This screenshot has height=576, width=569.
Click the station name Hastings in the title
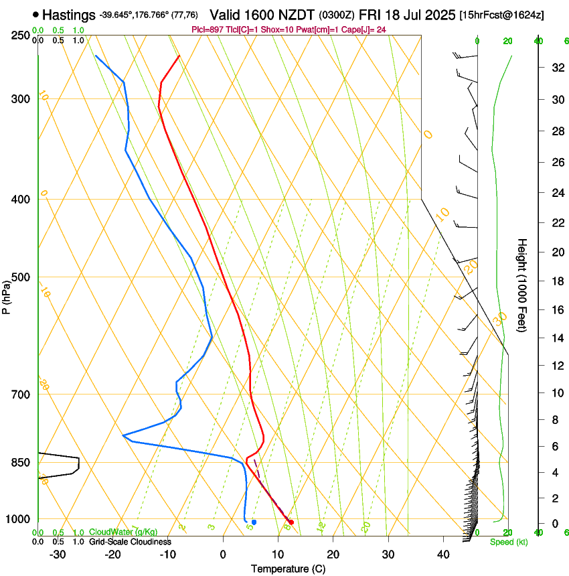[68, 15]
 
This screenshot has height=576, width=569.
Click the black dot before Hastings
[35, 15]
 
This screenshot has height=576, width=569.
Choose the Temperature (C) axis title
[287, 569]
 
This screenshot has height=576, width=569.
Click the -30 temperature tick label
[58, 555]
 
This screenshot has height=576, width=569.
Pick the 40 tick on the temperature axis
[442, 555]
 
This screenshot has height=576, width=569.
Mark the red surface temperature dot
[291, 522]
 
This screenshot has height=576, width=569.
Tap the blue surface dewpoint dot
[254, 522]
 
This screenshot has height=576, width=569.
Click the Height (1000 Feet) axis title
[522, 285]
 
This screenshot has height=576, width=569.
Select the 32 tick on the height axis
[556, 68]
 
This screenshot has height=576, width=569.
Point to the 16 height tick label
[556, 310]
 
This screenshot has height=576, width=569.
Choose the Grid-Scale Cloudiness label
[130, 541]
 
